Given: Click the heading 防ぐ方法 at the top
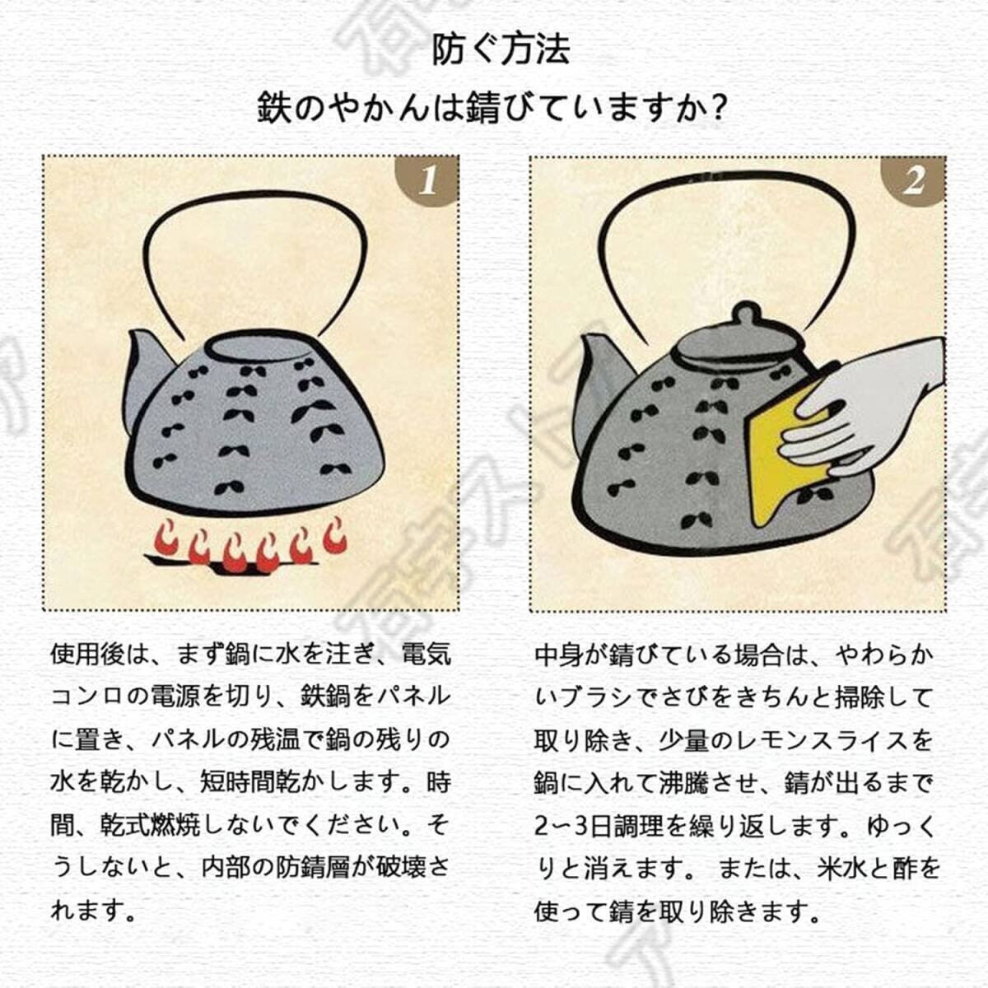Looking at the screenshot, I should [501, 49].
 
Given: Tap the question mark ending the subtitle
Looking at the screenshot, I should [719, 109].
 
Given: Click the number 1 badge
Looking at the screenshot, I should [427, 179].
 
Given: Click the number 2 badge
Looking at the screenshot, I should [913, 179].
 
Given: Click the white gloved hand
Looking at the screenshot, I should [873, 403].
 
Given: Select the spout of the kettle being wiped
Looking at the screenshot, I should [599, 370].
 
